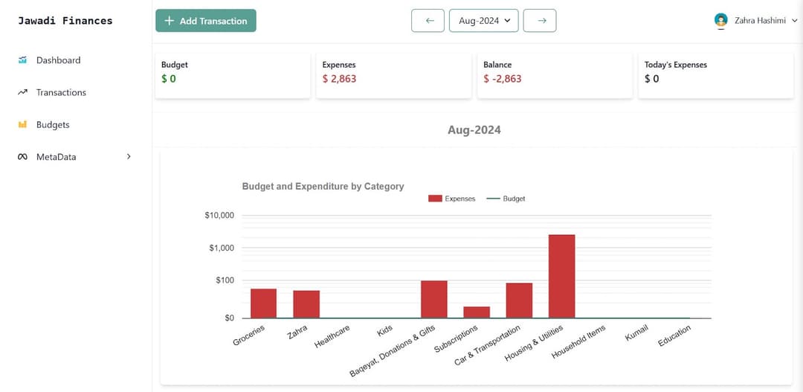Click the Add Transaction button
[x=205, y=21]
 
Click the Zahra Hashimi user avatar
[x=720, y=21]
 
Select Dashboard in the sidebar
[x=58, y=60]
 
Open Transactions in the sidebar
[x=61, y=92]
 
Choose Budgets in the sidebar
[x=53, y=125]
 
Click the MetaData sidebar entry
[x=56, y=157]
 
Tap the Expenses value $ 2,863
[x=339, y=79]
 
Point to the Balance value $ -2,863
[x=503, y=79]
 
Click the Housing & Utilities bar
[x=561, y=276]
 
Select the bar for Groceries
[x=263, y=303]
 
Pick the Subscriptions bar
[x=477, y=312]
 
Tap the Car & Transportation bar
[x=519, y=301]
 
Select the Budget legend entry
[x=506, y=199]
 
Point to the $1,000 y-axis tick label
[x=219, y=248]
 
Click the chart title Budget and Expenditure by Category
[x=323, y=187]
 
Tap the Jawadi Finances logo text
[x=65, y=21]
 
